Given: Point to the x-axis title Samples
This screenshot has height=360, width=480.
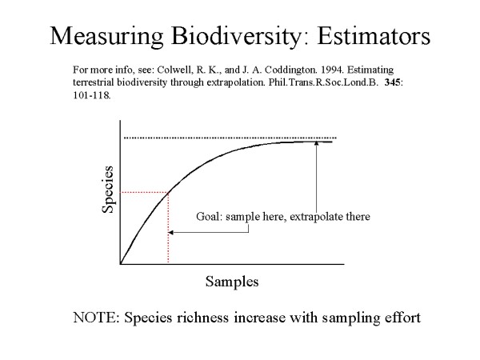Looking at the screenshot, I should pos(232,282).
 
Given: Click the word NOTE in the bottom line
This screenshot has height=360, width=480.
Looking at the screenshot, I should pos(96,317).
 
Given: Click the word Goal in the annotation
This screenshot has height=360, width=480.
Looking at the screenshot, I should pos(210,216).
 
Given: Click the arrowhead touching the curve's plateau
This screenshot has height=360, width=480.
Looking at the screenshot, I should pos(318,145).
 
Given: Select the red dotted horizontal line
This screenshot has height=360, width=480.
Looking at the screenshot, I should pos(144,192).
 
